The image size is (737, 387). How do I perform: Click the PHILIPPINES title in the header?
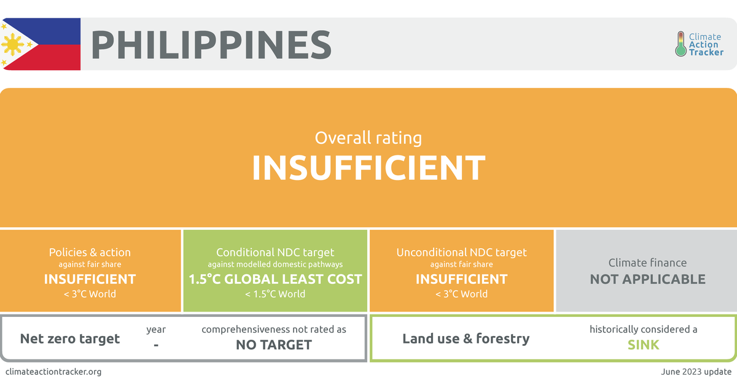tap(211, 44)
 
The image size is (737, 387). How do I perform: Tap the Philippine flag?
tap(41, 44)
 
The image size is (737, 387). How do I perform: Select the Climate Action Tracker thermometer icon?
tap(680, 44)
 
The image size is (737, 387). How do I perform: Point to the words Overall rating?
tap(368, 138)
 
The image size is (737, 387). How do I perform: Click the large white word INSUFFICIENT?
tap(368, 168)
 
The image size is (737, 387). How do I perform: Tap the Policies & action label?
tap(90, 252)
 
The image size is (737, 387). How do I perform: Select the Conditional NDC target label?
tap(275, 252)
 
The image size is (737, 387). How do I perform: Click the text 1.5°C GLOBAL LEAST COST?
tap(275, 279)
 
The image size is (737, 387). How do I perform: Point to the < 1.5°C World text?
tap(275, 294)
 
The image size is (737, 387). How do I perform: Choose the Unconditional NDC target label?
tap(461, 252)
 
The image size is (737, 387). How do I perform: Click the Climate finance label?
tap(647, 263)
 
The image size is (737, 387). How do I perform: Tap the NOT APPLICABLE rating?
tap(647, 279)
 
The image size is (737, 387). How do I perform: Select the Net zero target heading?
tap(70, 338)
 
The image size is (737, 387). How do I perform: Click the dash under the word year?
tap(156, 345)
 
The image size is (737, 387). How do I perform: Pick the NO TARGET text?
tap(274, 345)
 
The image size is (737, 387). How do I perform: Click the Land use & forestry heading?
tap(466, 338)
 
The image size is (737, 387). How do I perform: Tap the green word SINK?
tap(643, 345)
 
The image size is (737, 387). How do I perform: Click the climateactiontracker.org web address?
tap(53, 372)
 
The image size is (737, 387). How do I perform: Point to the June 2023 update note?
tap(696, 372)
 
